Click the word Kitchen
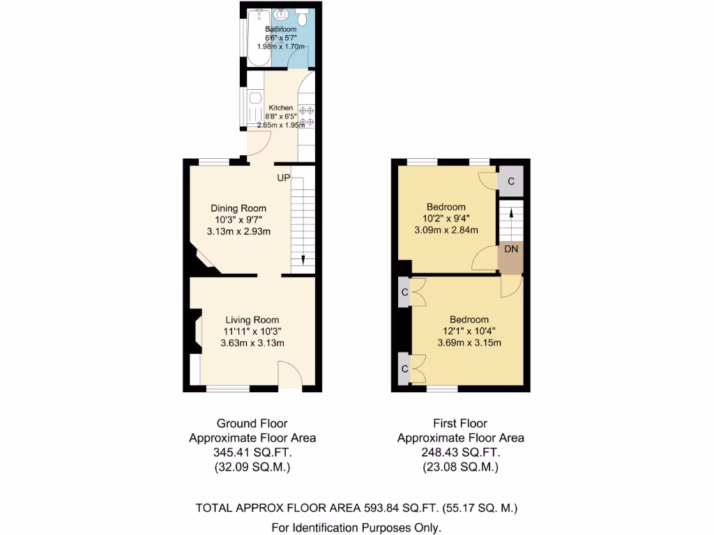(x=281, y=108)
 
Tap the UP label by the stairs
(x=283, y=178)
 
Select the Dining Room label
(x=238, y=208)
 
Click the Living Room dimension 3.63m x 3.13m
(x=252, y=343)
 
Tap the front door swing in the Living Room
(x=289, y=375)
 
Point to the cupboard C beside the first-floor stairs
(x=510, y=180)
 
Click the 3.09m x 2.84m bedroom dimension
(x=446, y=230)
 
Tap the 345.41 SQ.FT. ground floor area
(x=252, y=453)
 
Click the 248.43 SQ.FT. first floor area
(x=460, y=453)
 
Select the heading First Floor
(x=460, y=423)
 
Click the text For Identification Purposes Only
(x=356, y=527)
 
